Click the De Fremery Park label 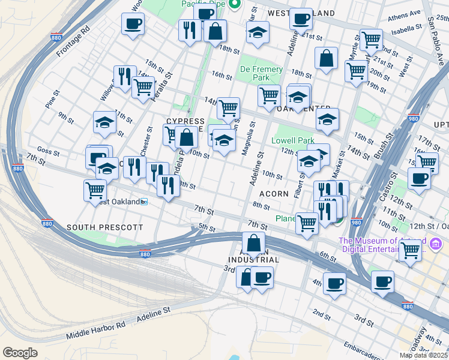coord(261,74)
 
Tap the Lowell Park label coord(293,140)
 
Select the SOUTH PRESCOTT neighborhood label coord(105,227)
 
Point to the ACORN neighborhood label coord(274,194)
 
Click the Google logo coord(20,353)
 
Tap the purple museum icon coord(436,244)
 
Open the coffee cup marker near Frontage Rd coord(133,25)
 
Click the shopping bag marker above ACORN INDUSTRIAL coord(254,244)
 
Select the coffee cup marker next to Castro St coord(419,178)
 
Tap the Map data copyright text coord(424,355)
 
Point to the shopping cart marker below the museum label coord(411,250)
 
